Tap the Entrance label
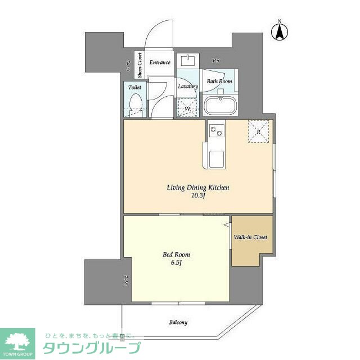[x=160, y=62]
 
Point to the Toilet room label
[x=134, y=88]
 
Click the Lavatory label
[x=187, y=87]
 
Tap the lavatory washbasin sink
[x=187, y=61]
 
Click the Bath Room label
[x=219, y=82]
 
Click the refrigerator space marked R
[x=259, y=132]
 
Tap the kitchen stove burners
[x=217, y=132]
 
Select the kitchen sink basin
[x=217, y=159]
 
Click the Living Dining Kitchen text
[x=197, y=188]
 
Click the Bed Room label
[x=173, y=254]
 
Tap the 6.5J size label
[x=173, y=263]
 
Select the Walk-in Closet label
[x=251, y=237]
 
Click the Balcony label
[x=178, y=322]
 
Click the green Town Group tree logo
[x=17, y=341]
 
